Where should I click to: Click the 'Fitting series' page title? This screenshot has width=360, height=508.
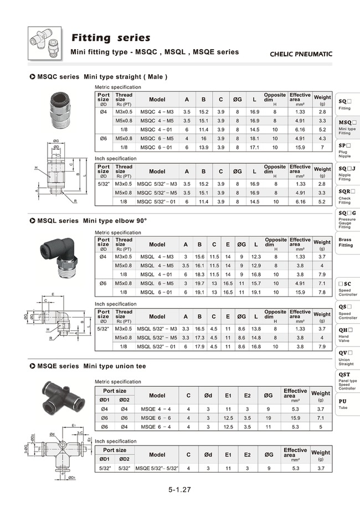[x=111, y=38]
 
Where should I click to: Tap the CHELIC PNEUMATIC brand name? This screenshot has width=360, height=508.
[x=301, y=54]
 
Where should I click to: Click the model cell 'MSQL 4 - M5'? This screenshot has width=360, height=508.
[x=157, y=265]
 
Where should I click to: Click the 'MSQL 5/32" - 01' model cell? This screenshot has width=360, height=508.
[x=157, y=346]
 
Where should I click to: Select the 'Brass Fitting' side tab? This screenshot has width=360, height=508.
[x=345, y=242]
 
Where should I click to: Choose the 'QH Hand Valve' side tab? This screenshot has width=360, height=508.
[x=345, y=333]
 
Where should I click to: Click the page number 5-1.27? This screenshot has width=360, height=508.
[x=180, y=490]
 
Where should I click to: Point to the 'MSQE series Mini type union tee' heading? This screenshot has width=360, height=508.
[x=91, y=366]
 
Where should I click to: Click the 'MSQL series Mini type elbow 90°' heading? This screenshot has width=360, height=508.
[x=91, y=220]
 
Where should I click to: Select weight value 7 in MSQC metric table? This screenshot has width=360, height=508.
[x=322, y=147]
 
